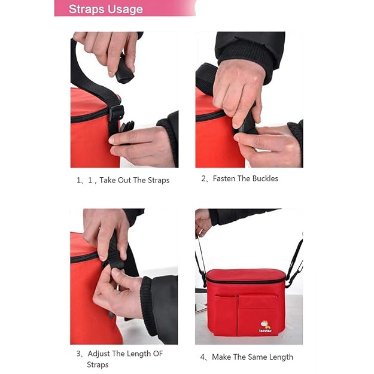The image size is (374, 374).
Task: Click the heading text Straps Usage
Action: pyautogui.click(x=105, y=9)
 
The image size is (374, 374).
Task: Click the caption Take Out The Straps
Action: pyautogui.click(x=134, y=180)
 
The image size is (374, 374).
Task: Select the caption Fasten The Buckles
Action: pyautogui.click(x=245, y=178)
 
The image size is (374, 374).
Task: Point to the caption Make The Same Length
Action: pyautogui.click(x=251, y=357)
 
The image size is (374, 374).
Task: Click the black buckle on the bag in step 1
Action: pyautogui.click(x=117, y=113)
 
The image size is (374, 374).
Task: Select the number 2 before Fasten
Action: pyautogui.click(x=203, y=178)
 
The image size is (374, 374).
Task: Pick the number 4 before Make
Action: pyautogui.click(x=203, y=357)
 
